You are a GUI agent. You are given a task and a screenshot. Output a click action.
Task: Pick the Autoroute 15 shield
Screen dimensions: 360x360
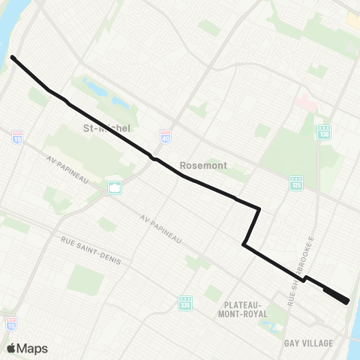coord(11,323)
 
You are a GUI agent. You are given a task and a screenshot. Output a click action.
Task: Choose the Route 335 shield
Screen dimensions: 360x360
coord(186,302)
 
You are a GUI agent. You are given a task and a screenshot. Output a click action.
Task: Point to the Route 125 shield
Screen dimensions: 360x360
coord(296,183)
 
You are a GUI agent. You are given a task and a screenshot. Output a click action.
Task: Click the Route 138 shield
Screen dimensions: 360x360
coord(325,132)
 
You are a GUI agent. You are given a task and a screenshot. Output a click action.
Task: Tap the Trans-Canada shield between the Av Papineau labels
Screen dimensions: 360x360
coord(115,187)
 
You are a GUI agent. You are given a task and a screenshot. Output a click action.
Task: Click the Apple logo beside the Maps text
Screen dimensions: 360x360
coord(12,348)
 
